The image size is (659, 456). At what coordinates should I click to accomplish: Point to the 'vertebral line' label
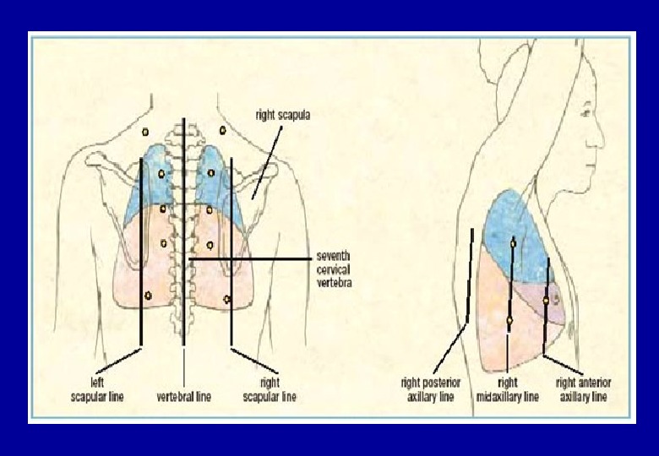183,395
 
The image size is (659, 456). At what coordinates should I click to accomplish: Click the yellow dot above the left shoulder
145,131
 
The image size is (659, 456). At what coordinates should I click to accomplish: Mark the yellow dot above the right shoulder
222,130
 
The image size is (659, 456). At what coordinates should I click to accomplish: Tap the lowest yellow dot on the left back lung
149,295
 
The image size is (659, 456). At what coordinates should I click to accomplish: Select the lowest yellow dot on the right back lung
227,299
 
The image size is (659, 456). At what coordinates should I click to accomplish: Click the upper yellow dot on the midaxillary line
513,244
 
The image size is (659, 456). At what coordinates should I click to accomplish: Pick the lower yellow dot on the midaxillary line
509,319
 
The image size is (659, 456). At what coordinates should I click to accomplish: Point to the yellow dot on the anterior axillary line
547,300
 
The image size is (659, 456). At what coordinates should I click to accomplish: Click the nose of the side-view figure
602,135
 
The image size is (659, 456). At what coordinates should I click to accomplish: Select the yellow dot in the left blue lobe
161,174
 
